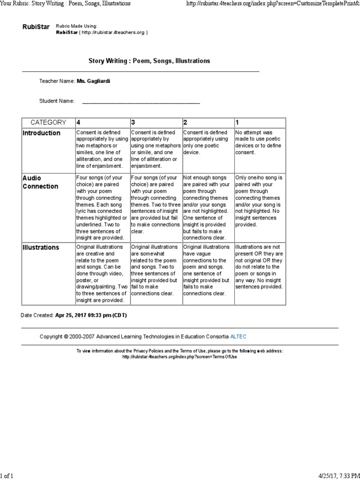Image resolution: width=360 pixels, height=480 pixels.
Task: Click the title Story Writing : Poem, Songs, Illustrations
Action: tap(150, 61)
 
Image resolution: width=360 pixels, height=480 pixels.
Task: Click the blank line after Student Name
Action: tap(141, 101)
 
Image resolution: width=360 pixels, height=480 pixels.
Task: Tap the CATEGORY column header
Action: tap(48, 122)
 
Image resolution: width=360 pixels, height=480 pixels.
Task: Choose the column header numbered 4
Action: tap(78, 122)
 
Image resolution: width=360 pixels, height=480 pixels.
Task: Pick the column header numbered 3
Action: tap(133, 122)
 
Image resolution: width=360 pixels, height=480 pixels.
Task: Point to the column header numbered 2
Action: tap(186, 122)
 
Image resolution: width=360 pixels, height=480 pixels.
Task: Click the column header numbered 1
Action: tap(237, 122)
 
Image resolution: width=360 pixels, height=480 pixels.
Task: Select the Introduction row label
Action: tap(42, 133)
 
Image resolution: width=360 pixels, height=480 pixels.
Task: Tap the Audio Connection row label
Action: tap(41, 182)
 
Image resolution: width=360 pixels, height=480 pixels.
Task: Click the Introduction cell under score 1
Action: tap(259, 142)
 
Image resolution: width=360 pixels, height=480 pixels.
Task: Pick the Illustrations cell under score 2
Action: tap(207, 270)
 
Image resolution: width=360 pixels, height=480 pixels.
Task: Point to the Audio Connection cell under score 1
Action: tap(259, 201)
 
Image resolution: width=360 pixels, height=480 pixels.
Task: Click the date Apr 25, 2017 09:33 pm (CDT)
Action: tap(91, 315)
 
